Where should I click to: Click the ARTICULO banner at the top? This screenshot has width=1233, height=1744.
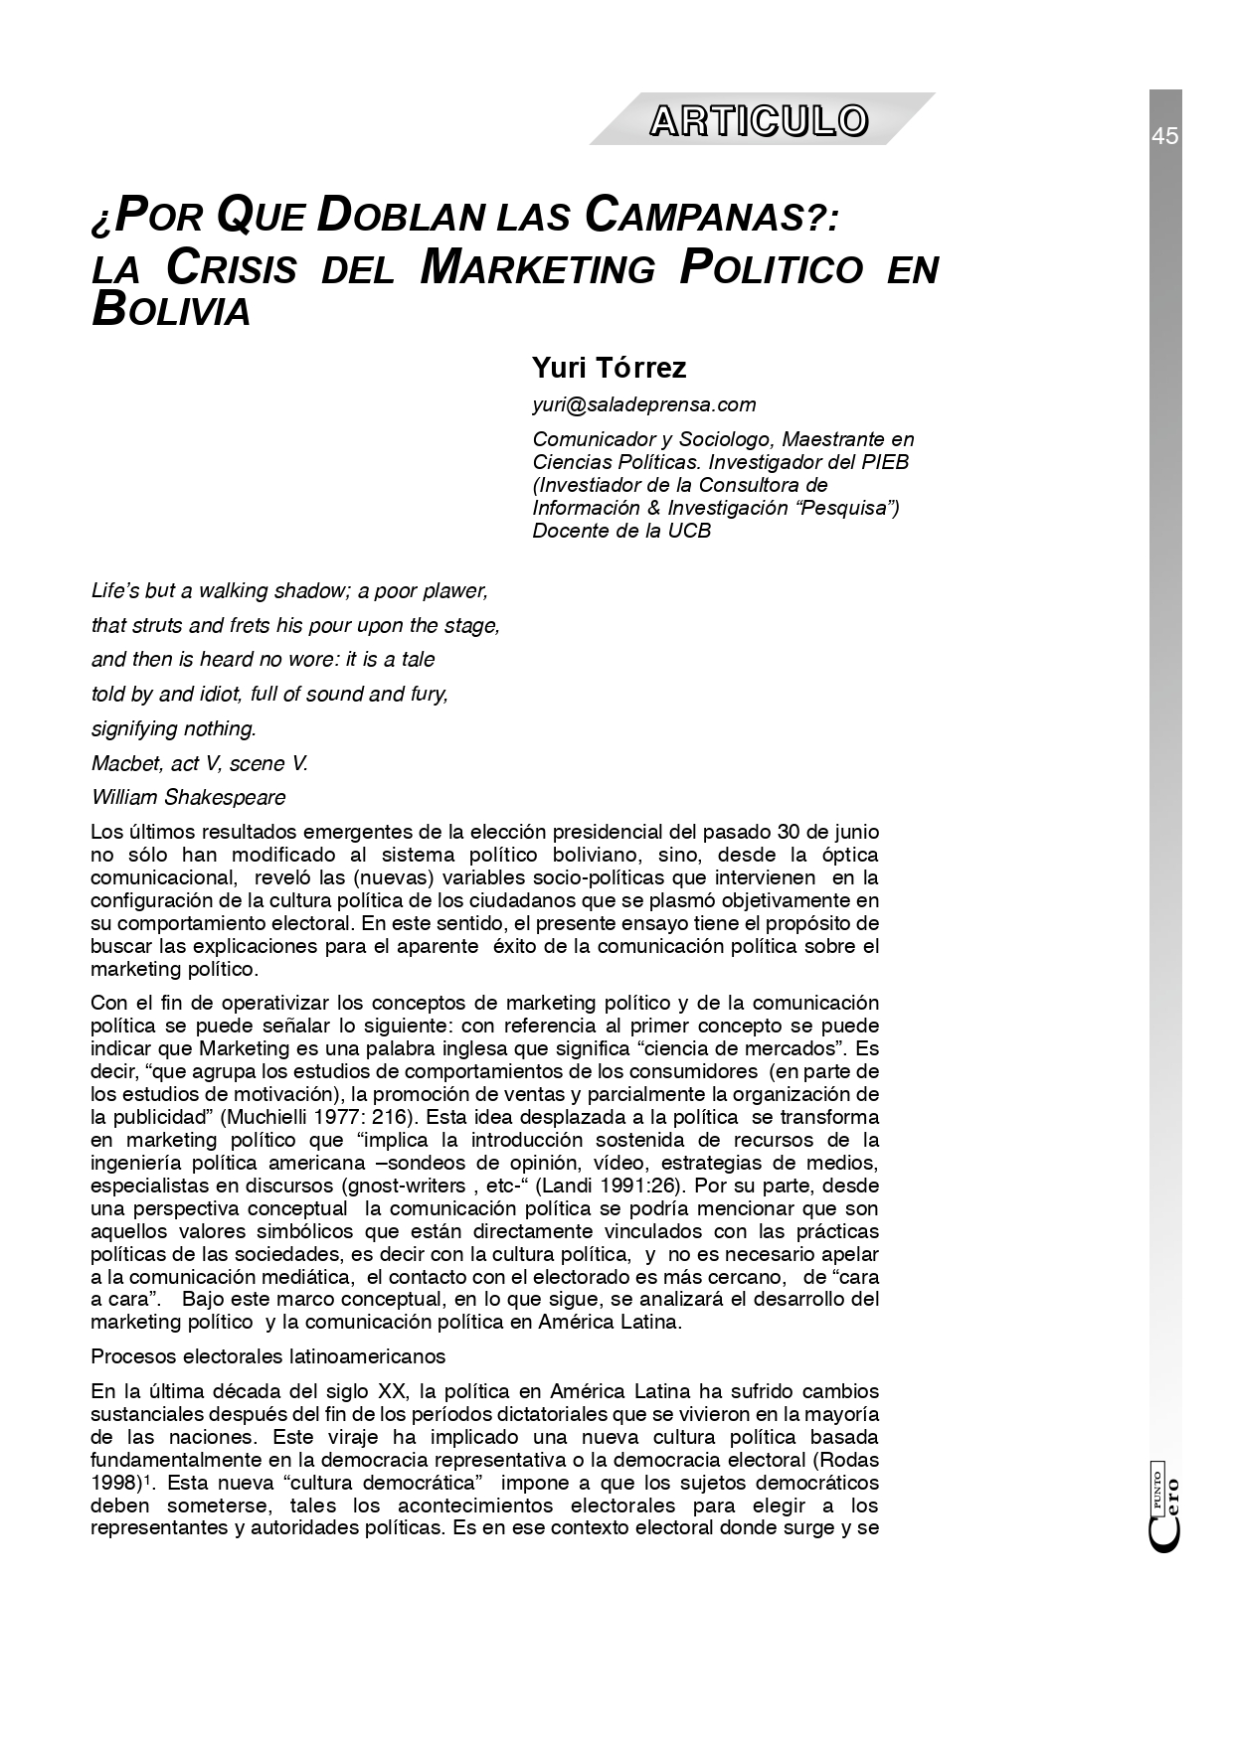pyautogui.click(x=760, y=120)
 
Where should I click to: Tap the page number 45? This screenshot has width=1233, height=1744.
pyautogui.click(x=1165, y=136)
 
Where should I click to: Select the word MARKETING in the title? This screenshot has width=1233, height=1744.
pyautogui.click(x=538, y=267)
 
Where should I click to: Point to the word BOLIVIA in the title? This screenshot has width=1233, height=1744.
pyautogui.click(x=170, y=311)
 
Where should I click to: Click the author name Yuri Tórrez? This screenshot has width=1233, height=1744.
pyautogui.click(x=609, y=368)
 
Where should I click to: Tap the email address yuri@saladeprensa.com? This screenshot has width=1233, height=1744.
pyautogui.click(x=643, y=404)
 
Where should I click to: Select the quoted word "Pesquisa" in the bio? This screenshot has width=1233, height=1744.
pyautogui.click(x=850, y=508)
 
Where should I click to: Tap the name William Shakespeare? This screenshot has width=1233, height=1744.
pyautogui.click(x=188, y=797)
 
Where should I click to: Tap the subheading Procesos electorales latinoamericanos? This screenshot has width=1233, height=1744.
pyautogui.click(x=267, y=1356)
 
